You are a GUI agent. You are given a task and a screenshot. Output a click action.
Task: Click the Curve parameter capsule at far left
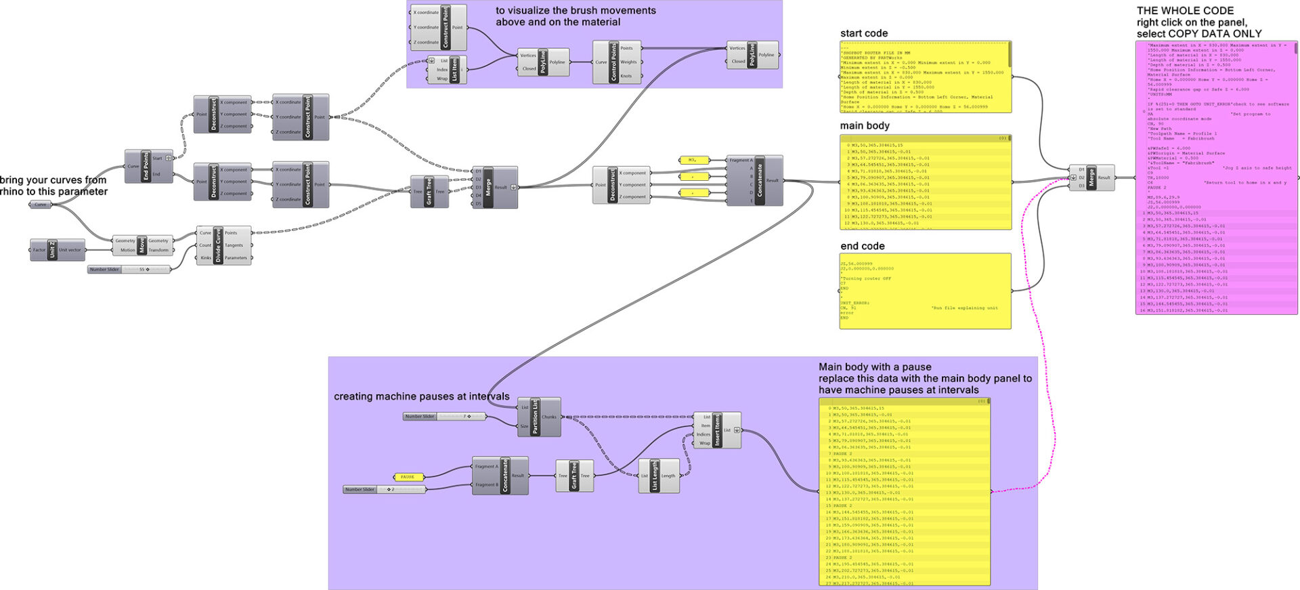click(41, 205)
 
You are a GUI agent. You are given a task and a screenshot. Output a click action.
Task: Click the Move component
click(142, 245)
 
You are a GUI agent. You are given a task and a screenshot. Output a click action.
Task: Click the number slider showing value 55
click(129, 270)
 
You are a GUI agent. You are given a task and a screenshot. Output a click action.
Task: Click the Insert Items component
click(718, 430)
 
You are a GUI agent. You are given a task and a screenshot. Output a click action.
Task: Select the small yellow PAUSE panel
click(408, 477)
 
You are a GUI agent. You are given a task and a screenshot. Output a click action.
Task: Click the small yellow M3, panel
click(693, 161)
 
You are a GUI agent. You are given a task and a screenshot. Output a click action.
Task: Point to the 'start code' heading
click(863, 33)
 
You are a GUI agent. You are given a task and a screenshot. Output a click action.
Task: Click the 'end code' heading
click(862, 246)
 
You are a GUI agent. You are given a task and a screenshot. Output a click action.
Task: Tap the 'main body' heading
click(865, 125)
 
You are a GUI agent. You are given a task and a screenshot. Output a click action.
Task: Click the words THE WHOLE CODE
click(1185, 10)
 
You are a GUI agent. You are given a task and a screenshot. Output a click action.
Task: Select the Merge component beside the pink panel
click(1091, 177)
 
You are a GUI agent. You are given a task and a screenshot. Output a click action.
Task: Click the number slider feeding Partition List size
click(444, 417)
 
